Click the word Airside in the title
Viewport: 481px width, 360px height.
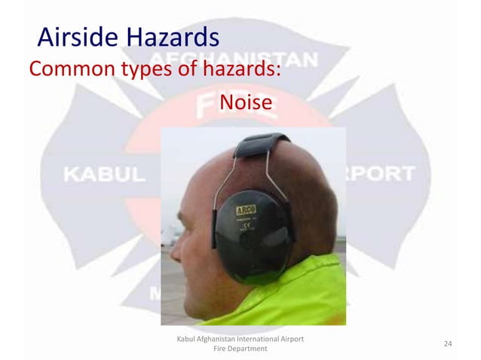[72, 36]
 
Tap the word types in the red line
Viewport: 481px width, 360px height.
[146, 72]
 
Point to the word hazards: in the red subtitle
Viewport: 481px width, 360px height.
[241, 70]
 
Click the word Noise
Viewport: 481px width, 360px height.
[244, 101]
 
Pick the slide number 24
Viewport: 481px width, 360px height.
[448, 344]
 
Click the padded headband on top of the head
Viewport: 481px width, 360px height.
[259, 142]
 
